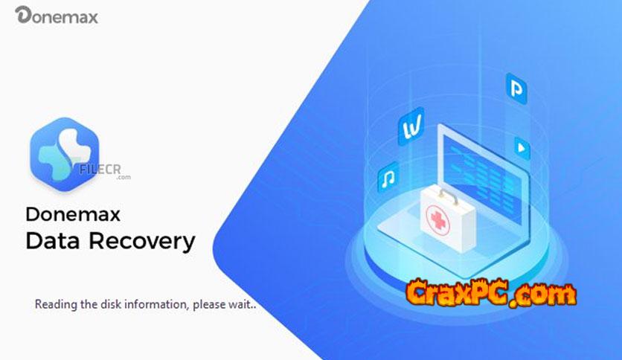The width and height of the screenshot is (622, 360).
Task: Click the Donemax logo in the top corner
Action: click(x=57, y=16)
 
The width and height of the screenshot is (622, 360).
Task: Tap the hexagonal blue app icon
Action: click(x=64, y=154)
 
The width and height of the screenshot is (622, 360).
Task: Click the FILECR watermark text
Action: click(x=100, y=170)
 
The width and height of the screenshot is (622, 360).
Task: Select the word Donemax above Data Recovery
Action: click(x=73, y=214)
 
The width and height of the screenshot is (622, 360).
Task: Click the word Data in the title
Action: click(x=53, y=241)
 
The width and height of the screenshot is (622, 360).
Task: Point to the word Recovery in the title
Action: click(x=142, y=242)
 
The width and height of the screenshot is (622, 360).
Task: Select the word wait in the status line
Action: click(x=239, y=304)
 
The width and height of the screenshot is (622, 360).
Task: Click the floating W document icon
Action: click(x=411, y=126)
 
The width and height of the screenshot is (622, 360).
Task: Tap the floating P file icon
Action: click(x=516, y=89)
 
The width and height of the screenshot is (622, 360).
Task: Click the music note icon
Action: click(x=388, y=177)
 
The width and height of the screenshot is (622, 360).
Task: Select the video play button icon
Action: click(x=522, y=148)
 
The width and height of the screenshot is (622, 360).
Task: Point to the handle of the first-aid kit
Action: click(x=448, y=195)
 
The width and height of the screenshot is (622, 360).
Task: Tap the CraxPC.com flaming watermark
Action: click(x=491, y=293)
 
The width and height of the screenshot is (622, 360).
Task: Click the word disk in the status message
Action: click(x=111, y=304)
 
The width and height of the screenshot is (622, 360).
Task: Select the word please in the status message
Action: click(x=208, y=305)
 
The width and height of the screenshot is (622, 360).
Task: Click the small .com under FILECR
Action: click(x=124, y=177)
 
